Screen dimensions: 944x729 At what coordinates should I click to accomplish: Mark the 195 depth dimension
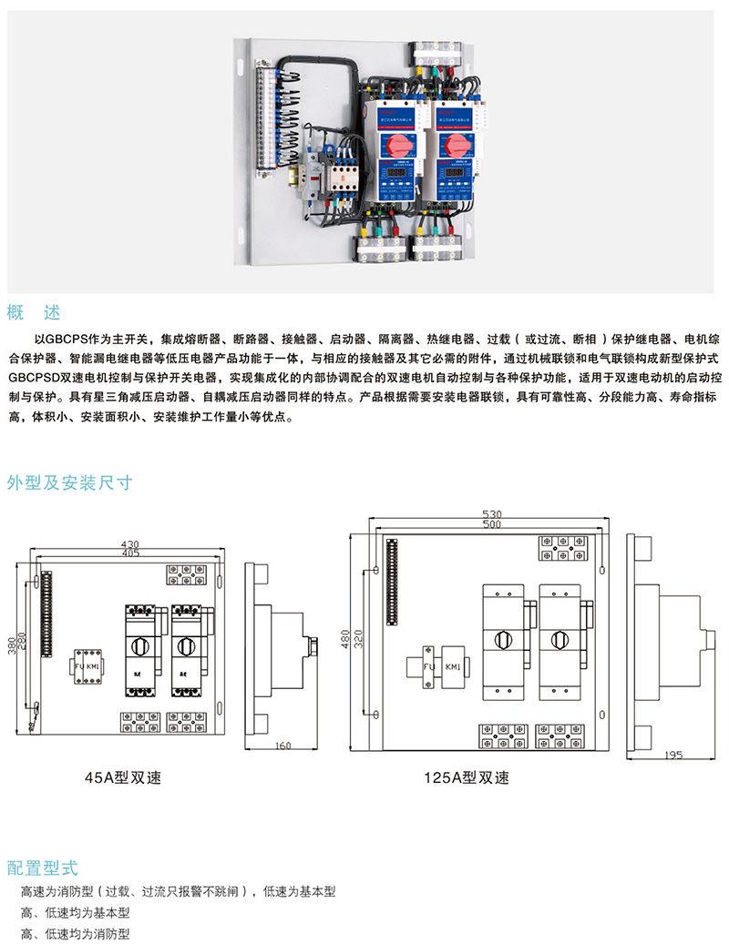[x=674, y=756]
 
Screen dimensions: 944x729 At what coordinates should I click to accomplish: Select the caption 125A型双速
[x=467, y=779]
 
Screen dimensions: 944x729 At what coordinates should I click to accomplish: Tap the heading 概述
[x=34, y=313]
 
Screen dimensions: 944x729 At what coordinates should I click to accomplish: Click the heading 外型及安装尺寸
[x=69, y=483]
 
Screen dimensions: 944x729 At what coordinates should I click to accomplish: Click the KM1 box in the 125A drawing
[x=453, y=668]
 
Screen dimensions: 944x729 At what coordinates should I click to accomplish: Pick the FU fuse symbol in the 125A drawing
[x=426, y=668]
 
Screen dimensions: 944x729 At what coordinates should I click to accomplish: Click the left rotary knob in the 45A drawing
[x=139, y=645]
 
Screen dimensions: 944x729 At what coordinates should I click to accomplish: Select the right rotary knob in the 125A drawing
[x=557, y=640]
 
